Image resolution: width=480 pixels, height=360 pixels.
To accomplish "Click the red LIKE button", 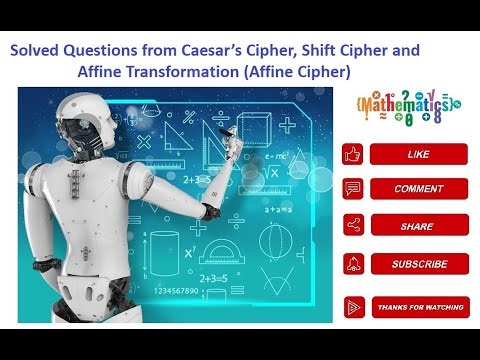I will click(x=418, y=154).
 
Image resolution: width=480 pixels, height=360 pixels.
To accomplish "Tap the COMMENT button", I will click(x=418, y=189).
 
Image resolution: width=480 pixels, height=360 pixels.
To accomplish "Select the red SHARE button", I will click(x=418, y=226).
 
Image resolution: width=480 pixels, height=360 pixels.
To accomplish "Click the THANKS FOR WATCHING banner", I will click(x=418, y=307).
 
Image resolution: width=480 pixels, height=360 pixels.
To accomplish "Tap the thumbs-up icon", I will click(x=352, y=154).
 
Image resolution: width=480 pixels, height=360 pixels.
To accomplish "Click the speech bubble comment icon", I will click(x=352, y=189).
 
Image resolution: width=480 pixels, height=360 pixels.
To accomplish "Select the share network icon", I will click(x=352, y=226).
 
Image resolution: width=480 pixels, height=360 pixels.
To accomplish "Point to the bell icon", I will click(x=352, y=264).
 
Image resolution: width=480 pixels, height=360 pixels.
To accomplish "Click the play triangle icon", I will click(x=352, y=307).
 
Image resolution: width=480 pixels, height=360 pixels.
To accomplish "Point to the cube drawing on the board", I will click(x=254, y=127).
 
